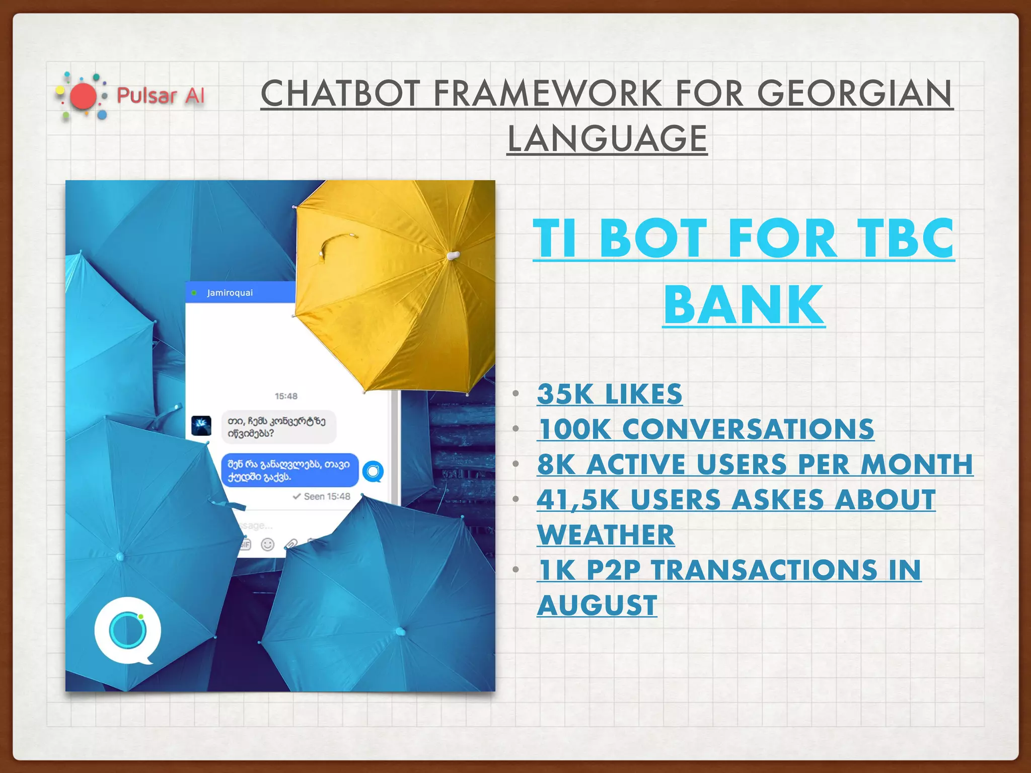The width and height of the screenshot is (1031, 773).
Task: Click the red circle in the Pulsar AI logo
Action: coord(83,96)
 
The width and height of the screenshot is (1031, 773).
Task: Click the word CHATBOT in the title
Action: coord(340,94)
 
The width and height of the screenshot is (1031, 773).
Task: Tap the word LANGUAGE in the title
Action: coord(607,138)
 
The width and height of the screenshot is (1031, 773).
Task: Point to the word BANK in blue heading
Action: coord(744,305)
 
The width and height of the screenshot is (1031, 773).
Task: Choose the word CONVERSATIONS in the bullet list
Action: coord(748,429)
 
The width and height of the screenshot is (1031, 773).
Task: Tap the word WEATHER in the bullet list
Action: coord(606,534)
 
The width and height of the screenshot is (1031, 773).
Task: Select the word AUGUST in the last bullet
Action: coord(597,605)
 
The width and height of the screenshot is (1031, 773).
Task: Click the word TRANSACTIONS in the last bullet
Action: coord(764,570)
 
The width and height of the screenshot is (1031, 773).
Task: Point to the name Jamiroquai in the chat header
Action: coord(230,293)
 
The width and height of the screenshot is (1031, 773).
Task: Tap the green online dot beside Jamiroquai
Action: coord(194,293)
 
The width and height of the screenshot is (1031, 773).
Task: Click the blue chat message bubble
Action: coord(289,470)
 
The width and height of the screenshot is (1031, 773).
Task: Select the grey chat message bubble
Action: coord(278,427)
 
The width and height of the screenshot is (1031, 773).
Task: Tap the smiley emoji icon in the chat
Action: coord(268,545)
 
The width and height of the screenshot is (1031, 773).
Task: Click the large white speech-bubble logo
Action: coord(128,630)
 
